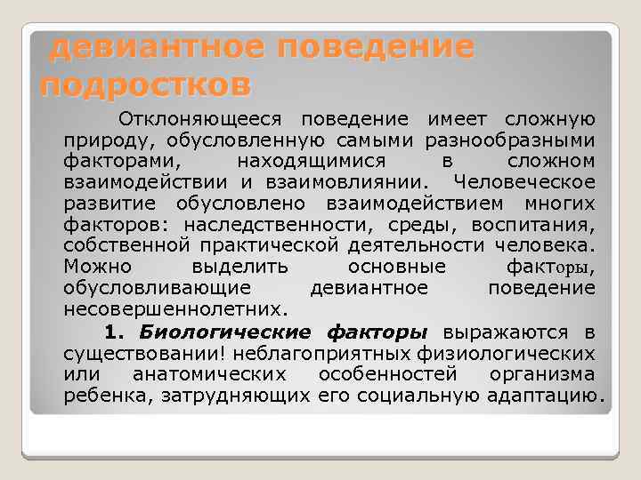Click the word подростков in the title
[x=146, y=86]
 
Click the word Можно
[x=97, y=268]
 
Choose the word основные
[x=396, y=268]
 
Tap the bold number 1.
[x=111, y=332]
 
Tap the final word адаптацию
[x=546, y=396]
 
